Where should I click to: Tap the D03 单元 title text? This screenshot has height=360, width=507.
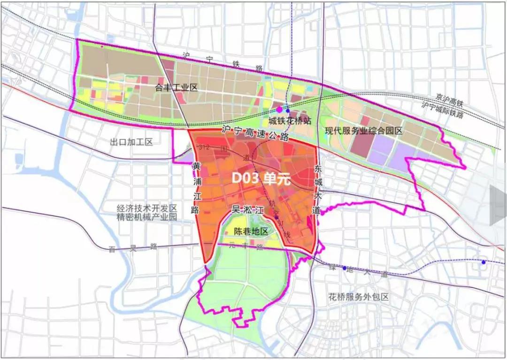262,179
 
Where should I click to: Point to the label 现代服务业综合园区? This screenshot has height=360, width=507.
364,131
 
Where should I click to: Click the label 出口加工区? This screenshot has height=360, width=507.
131,142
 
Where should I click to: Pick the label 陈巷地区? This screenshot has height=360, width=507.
251,231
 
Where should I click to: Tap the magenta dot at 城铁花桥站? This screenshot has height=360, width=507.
280,109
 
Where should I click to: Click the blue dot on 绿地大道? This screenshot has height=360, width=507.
344,268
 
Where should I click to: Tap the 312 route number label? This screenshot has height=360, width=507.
204,147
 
